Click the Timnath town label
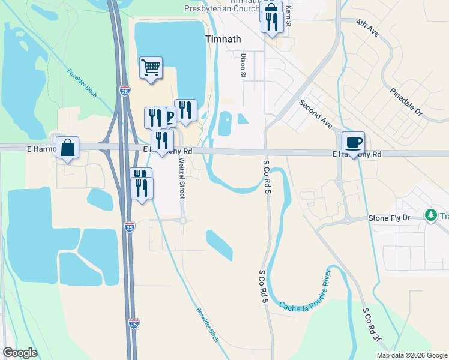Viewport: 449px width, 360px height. [x=223, y=39]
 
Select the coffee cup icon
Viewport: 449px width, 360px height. [x=353, y=143]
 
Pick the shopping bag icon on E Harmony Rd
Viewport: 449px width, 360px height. [x=68, y=148]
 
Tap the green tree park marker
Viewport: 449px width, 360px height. [x=430, y=215]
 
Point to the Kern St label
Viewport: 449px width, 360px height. [x=289, y=15]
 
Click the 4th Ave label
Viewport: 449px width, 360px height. [x=367, y=28]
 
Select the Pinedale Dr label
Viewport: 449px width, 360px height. [x=406, y=101]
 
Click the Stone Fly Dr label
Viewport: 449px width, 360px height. [x=388, y=218]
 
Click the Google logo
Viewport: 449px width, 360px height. [x=20, y=353]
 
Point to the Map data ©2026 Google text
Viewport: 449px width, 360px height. [x=412, y=355]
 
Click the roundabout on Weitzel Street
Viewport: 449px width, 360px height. [x=182, y=221]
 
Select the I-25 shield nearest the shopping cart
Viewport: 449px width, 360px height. [x=124, y=91]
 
